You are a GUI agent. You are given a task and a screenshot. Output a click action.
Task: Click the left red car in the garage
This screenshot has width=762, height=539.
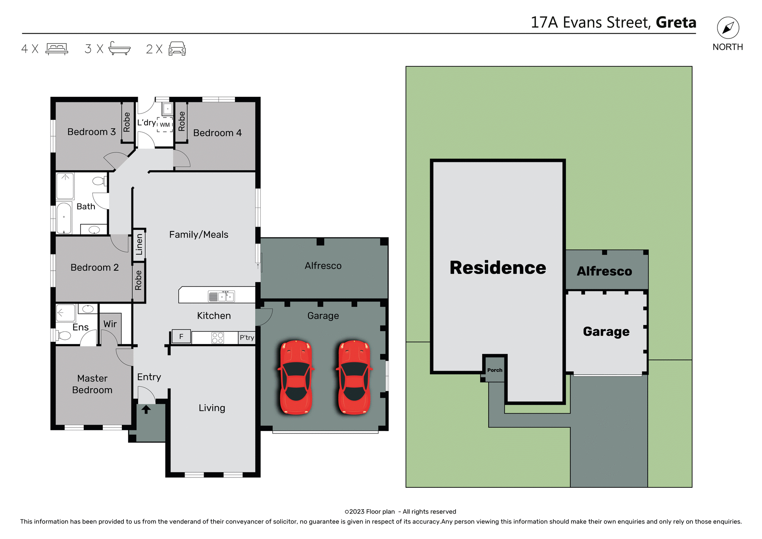[296, 377]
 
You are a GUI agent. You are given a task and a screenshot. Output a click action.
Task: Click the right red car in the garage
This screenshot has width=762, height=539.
[354, 377]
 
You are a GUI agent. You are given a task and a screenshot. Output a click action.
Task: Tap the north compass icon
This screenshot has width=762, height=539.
[728, 28]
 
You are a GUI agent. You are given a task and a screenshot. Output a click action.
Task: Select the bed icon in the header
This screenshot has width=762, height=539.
[57, 48]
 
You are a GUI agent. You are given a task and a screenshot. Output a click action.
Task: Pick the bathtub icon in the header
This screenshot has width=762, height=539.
[119, 48]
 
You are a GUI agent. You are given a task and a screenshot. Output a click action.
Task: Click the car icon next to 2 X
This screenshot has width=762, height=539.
[177, 48]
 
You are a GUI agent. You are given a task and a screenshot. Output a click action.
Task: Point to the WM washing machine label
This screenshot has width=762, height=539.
[165, 125]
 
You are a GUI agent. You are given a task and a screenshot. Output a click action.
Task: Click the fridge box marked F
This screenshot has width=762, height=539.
[181, 337]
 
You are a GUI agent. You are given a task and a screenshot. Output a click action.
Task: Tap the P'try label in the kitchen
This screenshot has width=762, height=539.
[246, 337]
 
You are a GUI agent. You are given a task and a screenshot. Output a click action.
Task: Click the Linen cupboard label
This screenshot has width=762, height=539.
[139, 244]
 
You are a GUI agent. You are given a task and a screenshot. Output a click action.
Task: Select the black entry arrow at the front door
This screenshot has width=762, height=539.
[146, 409]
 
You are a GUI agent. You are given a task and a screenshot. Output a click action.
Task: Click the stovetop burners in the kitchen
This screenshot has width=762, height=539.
[217, 338]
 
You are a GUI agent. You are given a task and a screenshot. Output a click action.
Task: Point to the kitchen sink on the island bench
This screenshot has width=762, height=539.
[221, 296]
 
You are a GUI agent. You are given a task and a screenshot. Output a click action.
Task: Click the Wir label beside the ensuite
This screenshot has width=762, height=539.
[110, 324]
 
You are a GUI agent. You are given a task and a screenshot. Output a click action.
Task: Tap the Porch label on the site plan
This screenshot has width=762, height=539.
[495, 370]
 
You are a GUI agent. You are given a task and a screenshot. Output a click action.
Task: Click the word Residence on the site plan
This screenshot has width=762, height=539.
[498, 268]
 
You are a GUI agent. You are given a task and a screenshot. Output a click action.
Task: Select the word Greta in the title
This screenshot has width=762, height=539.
[676, 23]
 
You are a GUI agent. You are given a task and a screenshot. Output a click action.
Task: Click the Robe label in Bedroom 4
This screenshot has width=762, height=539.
[182, 121]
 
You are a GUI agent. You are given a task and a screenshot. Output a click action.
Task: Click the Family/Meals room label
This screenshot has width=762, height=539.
[198, 235]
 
